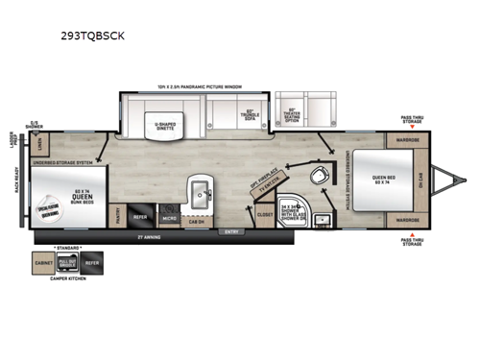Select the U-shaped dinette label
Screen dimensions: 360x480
tap(168, 124)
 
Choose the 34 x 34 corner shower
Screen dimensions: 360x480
tap(293, 211)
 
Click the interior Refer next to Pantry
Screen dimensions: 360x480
tap(140, 215)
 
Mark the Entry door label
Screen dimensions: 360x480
tap(231, 231)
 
